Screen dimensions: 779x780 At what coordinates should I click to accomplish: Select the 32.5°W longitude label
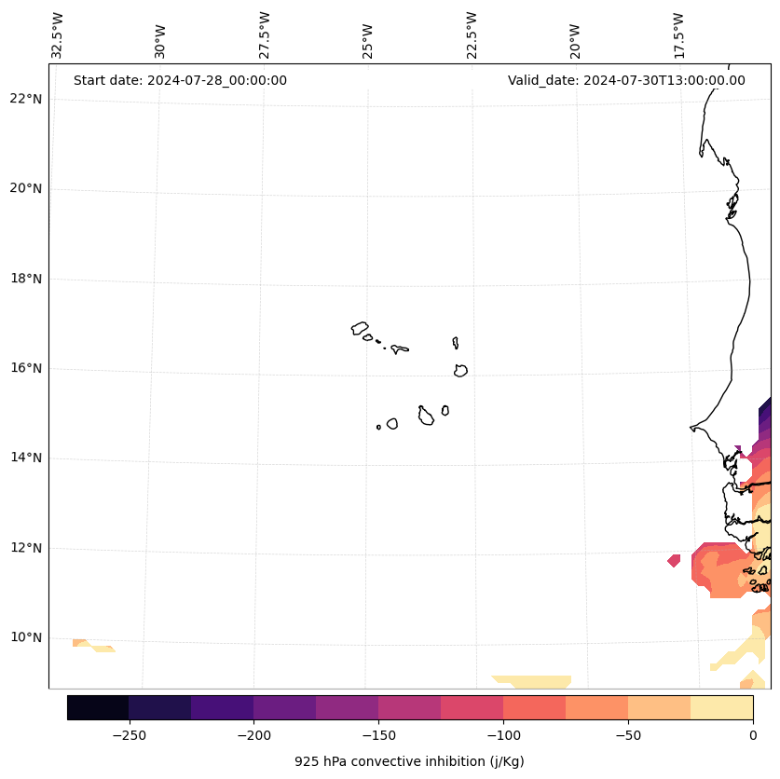click(58, 35)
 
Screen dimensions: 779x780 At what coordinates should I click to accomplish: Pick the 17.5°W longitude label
click(679, 35)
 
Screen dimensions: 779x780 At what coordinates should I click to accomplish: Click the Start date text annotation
click(180, 80)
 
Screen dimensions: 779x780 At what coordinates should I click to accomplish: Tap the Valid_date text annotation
click(626, 80)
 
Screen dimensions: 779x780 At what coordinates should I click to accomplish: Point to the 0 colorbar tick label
click(753, 734)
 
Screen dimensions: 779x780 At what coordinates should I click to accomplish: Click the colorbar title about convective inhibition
click(409, 761)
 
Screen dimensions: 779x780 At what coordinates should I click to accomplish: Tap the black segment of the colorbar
click(98, 707)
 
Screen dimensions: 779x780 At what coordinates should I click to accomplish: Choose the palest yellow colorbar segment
click(721, 707)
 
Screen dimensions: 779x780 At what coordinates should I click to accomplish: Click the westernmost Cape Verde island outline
click(360, 328)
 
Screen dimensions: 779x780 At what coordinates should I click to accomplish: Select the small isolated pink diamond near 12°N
click(674, 560)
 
